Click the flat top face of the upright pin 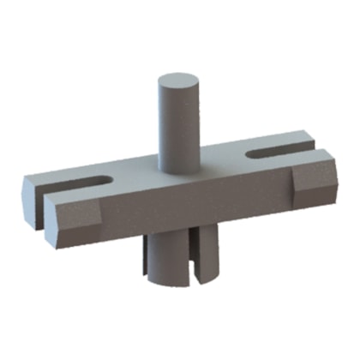(177, 84)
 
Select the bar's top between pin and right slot (223, 159)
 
